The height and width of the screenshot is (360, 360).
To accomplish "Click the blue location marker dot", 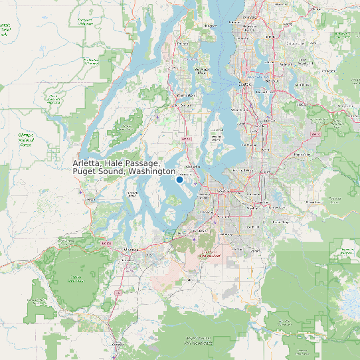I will tap(179, 179).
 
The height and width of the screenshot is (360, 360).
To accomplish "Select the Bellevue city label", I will tap(272, 81).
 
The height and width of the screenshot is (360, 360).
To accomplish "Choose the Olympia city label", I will tap(132, 250).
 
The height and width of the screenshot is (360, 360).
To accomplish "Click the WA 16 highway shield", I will tap(186, 139).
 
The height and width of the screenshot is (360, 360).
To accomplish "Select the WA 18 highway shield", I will tap(315, 134).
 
